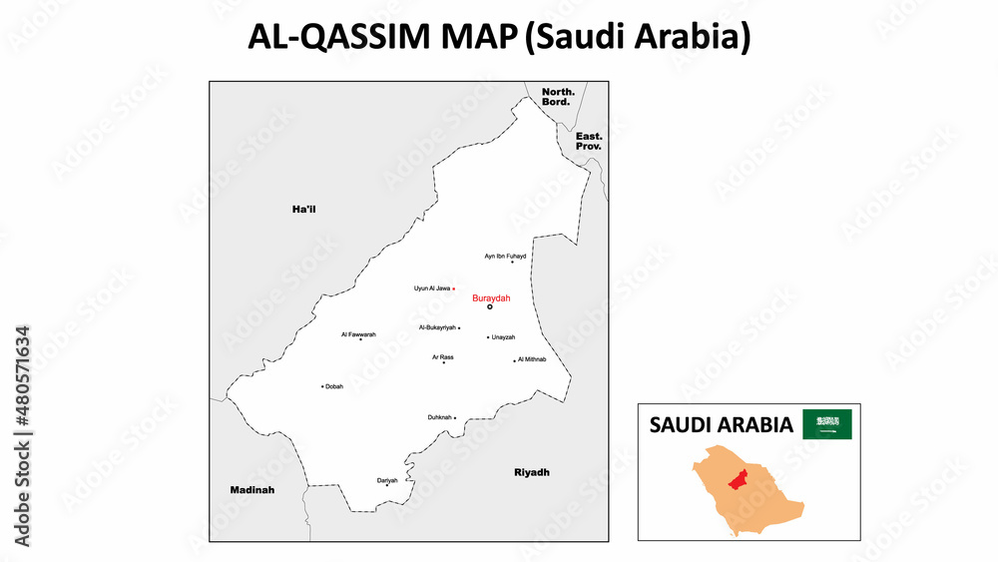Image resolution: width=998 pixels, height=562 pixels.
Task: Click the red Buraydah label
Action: coord(491,297)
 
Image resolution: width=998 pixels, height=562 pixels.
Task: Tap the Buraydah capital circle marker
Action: coord(490,307)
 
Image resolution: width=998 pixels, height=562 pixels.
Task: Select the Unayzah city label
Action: coord(503,337)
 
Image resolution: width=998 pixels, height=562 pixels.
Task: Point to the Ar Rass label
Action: coord(443,356)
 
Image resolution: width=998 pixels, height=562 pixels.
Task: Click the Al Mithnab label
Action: coord(532,359)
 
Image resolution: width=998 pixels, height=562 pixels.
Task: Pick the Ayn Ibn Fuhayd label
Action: coord(505,256)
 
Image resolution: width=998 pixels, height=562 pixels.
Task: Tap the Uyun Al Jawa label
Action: coord(432,288)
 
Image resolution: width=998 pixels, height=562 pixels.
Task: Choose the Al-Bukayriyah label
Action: coord(437,327)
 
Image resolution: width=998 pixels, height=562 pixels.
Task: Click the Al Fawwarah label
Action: coord(358,334)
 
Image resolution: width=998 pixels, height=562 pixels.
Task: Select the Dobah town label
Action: coord(334,386)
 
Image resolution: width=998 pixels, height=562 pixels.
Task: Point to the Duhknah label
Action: coord(439,417)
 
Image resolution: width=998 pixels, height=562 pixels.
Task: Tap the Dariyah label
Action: coord(387,480)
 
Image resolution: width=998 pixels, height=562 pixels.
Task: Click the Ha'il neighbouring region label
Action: coord(303,209)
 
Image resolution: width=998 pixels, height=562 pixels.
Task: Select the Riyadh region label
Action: coord(532,472)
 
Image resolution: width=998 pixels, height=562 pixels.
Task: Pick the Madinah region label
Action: coord(251,490)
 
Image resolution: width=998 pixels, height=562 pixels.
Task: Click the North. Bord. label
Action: coord(556,97)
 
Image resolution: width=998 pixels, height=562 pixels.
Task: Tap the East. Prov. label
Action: coord(589,141)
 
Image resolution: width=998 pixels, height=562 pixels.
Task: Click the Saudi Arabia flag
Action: coord(827,424)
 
